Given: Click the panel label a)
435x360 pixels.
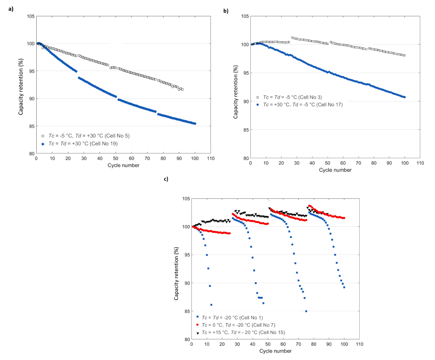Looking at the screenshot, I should (x=11, y=9).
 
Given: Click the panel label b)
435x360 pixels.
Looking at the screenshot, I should (x=225, y=11).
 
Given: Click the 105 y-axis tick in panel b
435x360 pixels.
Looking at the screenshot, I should (x=244, y=16).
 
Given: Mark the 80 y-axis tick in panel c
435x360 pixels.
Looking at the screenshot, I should (x=185, y=339).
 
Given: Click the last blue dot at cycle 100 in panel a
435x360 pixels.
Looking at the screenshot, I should (x=195, y=124).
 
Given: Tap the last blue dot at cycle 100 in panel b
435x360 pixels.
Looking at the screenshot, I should (x=405, y=97).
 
